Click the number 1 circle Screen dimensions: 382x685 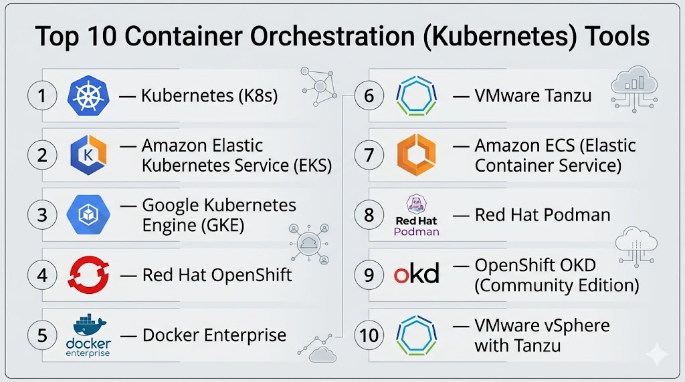tap(42, 96)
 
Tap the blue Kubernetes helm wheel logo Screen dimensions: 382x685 tap(88, 96)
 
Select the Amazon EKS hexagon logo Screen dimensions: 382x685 tap(88, 156)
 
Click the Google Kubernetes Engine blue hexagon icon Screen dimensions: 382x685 tap(88, 215)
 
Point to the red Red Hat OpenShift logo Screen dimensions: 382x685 tap(88, 274)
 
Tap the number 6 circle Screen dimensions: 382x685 tap(369, 96)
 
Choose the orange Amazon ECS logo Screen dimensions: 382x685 tap(416, 156)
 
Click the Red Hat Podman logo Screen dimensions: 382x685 tap(416, 215)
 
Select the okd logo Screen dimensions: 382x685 tap(416, 274)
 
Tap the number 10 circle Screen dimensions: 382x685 tap(369, 334)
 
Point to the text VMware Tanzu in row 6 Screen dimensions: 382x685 tap(532, 96)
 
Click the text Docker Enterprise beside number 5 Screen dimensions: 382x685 tap(214, 335)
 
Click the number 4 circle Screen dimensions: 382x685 tap(42, 274)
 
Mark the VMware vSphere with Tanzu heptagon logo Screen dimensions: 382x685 tap(416, 334)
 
